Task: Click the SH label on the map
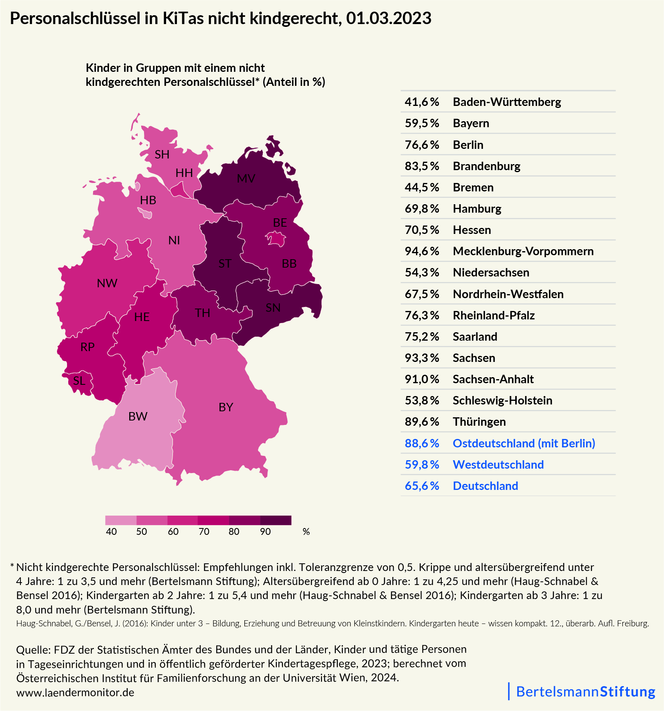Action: click(162, 154)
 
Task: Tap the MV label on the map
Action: click(246, 179)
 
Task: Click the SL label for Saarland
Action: click(79, 381)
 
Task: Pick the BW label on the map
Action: click(138, 416)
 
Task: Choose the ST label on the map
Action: click(225, 264)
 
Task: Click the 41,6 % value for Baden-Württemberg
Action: click(422, 102)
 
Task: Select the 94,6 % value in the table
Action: click(422, 251)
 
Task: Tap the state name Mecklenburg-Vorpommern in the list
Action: click(523, 251)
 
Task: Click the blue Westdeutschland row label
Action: click(498, 465)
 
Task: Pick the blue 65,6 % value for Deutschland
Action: click(422, 486)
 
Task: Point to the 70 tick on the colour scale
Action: click(204, 532)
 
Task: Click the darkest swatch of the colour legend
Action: click(276, 520)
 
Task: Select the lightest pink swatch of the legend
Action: click(120, 520)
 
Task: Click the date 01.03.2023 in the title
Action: click(388, 18)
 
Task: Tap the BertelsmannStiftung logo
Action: click(585, 691)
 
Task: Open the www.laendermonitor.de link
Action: click(75, 693)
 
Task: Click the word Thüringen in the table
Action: click(479, 422)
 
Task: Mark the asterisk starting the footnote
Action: click(12, 566)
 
